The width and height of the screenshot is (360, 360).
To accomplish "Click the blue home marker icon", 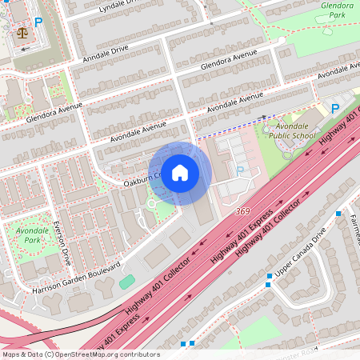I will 180,173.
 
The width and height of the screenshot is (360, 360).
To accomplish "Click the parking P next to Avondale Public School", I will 336,108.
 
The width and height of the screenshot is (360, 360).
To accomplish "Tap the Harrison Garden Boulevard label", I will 75,277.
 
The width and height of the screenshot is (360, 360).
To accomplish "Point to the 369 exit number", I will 242,211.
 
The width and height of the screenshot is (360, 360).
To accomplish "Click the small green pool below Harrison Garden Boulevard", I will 127,282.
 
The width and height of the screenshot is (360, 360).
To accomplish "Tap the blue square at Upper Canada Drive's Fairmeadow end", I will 338,214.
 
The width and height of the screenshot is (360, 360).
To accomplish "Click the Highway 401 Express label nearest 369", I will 238,243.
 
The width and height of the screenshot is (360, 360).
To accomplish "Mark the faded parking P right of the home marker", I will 239,170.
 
